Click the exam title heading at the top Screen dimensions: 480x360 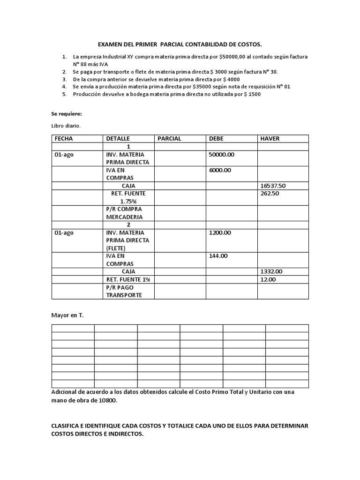pyautogui.click(x=180, y=44)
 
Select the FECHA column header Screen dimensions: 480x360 pyautogui.click(x=64, y=139)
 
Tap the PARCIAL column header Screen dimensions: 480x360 pyautogui.click(x=169, y=139)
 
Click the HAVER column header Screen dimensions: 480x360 pyautogui.click(x=270, y=139)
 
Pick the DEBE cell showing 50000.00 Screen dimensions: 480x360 pyautogui.click(x=221, y=154)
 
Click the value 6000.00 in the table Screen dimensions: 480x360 pyautogui.click(x=220, y=170)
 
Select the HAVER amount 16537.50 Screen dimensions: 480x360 pyautogui.click(x=272, y=186)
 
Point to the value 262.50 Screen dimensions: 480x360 pyautogui.click(x=269, y=194)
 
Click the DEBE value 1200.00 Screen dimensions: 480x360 pyautogui.click(x=220, y=232)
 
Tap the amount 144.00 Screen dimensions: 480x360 pyautogui.click(x=218, y=256)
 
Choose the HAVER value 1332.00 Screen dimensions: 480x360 pyautogui.click(x=271, y=271)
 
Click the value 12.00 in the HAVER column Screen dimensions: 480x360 pyautogui.click(x=268, y=279)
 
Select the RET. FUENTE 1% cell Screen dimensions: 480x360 pyautogui.click(x=127, y=279)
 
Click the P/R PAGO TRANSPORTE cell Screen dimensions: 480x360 pyautogui.click(x=124, y=291)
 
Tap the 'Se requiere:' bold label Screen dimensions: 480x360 pyautogui.click(x=66, y=114)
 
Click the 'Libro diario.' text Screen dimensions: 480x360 pyautogui.click(x=66, y=126)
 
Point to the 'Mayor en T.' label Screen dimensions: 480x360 pyautogui.click(x=67, y=315)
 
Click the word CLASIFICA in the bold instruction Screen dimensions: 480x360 pyautogui.click(x=68, y=426)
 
